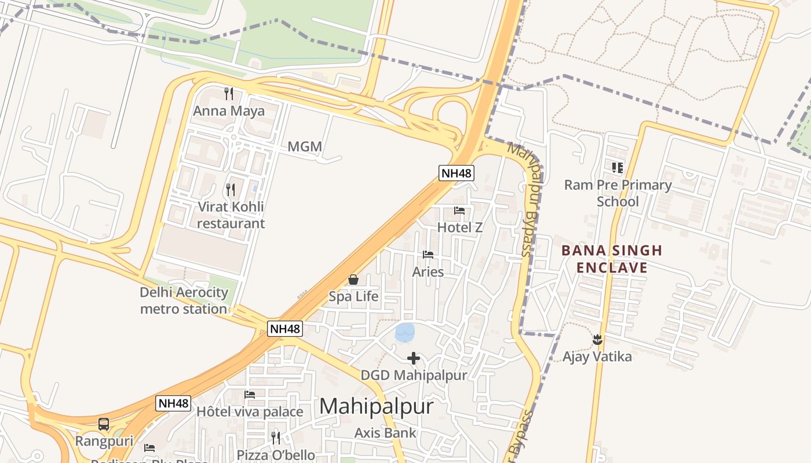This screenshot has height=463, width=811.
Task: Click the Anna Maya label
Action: click(x=229, y=111)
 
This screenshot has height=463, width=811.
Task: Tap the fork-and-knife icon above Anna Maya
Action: click(x=229, y=93)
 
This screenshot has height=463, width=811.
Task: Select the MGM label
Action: click(x=305, y=147)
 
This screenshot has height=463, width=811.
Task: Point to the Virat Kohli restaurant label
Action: click(x=231, y=215)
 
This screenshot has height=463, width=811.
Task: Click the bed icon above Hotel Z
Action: click(x=459, y=211)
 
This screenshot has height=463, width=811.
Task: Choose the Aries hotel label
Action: click(x=428, y=271)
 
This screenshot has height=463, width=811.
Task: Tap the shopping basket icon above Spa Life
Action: click(x=353, y=280)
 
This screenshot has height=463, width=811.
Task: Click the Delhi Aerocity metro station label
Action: click(x=184, y=300)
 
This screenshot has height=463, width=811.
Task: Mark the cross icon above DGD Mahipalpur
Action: click(x=414, y=359)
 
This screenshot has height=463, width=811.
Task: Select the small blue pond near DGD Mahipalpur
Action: click(x=405, y=332)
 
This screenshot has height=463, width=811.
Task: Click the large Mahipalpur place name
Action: click(x=376, y=406)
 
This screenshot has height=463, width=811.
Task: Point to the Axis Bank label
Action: click(x=385, y=432)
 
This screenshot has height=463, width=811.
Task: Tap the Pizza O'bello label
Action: click(x=276, y=455)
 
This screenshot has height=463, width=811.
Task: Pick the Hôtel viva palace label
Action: click(x=250, y=411)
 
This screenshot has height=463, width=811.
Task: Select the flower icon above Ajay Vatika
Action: click(x=598, y=340)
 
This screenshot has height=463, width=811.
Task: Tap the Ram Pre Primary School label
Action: click(x=618, y=193)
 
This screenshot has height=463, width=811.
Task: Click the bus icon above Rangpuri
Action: click(x=104, y=424)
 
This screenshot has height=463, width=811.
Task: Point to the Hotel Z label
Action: click(x=460, y=227)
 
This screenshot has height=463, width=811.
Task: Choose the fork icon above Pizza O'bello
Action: click(x=276, y=438)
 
